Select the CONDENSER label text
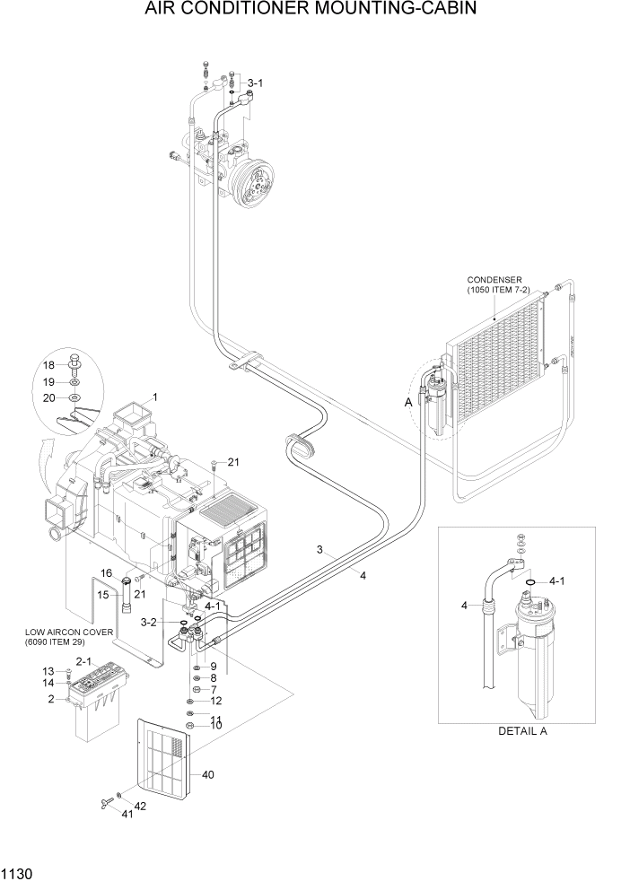[x=494, y=280]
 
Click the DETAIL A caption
[x=522, y=730]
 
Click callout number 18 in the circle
[x=49, y=364]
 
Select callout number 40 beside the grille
[x=209, y=774]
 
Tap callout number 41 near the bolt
[x=127, y=814]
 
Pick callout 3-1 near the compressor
[x=255, y=83]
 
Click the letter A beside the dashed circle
[x=408, y=404]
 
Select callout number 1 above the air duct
[x=154, y=397]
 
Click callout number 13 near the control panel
[x=48, y=671]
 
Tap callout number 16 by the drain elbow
[x=105, y=572]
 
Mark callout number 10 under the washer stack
[x=215, y=725]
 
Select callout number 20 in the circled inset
[x=49, y=397]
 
